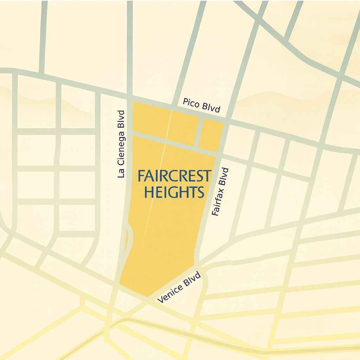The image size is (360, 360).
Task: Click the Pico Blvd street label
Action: pyautogui.click(x=201, y=105)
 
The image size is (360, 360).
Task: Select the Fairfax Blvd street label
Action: pyautogui.click(x=220, y=192)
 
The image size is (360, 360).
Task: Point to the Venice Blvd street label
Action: pyautogui.click(x=179, y=287)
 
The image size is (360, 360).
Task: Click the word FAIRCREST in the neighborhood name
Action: pyautogui.click(x=174, y=175)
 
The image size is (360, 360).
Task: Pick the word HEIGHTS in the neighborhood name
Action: pyautogui.click(x=174, y=192)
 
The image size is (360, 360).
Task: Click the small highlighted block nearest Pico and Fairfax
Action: pyautogui.click(x=212, y=136)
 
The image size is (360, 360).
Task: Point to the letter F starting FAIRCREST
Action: pyautogui.click(x=141, y=175)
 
